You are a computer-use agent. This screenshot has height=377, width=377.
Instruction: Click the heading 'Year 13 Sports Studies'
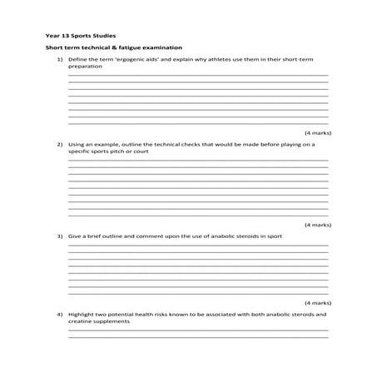tap(81, 36)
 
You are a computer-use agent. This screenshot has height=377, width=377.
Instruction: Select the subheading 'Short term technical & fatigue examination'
tap(113, 48)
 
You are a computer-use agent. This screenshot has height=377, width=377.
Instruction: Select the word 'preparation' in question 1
tap(85, 67)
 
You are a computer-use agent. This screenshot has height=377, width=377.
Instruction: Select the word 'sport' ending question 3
tap(274, 236)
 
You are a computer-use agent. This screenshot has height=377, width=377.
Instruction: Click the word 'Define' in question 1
tap(78, 60)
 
